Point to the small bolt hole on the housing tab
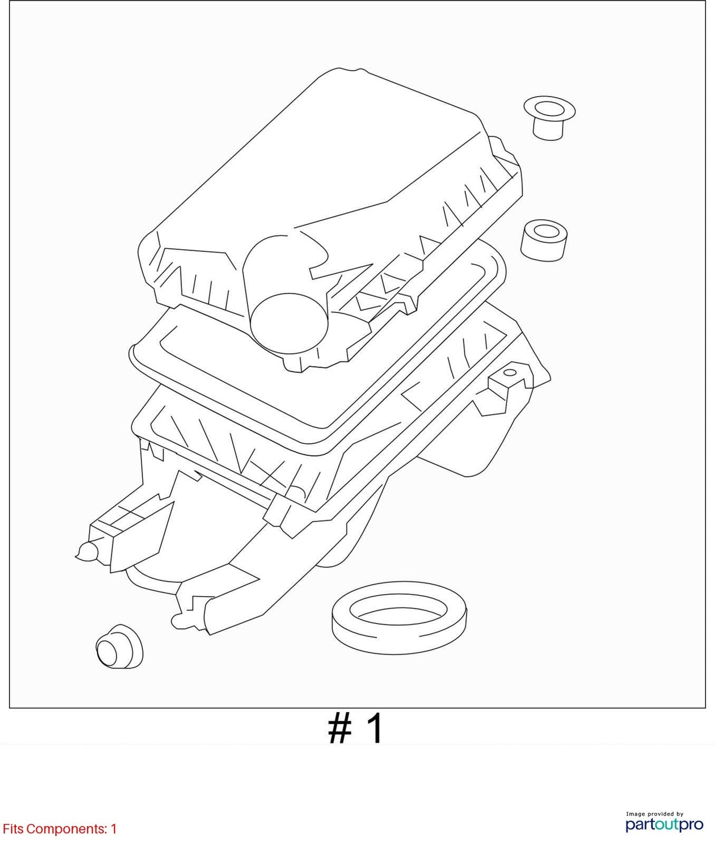pyautogui.click(x=510, y=373)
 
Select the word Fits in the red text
pyautogui.click(x=13, y=829)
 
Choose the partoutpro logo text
pyautogui.click(x=664, y=824)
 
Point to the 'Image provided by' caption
pyautogui.click(x=655, y=814)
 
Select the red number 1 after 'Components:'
pyautogui.click(x=113, y=829)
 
